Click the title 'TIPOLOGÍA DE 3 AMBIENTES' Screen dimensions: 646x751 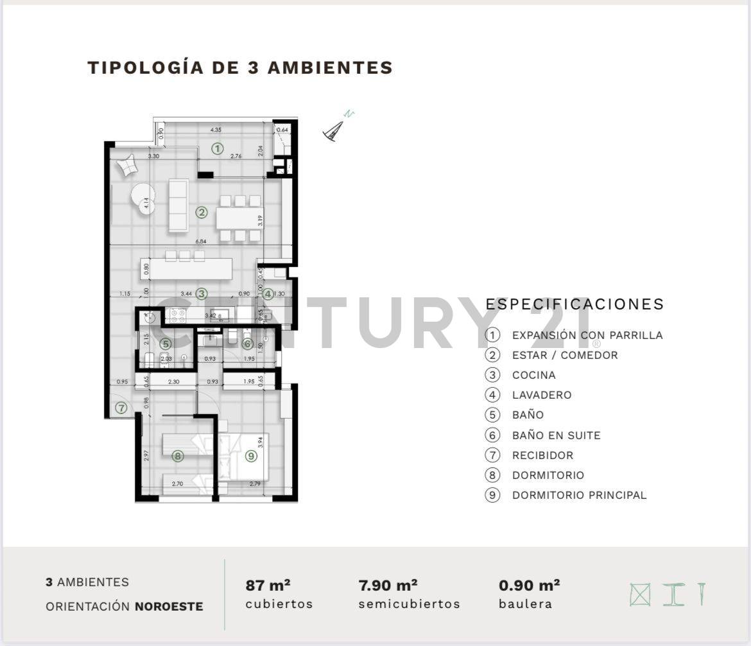(240, 67)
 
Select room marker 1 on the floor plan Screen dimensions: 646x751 (218, 149)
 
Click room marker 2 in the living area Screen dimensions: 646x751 (202, 212)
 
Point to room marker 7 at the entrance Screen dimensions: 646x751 (121, 408)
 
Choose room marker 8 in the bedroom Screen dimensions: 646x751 (178, 457)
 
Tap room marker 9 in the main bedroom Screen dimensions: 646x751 (250, 457)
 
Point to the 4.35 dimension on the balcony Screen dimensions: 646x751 (217, 130)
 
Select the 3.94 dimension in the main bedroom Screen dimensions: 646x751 (260, 442)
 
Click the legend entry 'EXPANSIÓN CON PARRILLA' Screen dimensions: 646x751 (587, 335)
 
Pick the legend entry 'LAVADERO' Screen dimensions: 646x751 (541, 395)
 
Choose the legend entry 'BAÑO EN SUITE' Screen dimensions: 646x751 (556, 435)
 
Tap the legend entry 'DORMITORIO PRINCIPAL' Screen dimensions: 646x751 (579, 495)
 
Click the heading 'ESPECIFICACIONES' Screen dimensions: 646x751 (574, 304)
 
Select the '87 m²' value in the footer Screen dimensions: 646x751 (268, 585)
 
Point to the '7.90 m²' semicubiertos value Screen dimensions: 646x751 (388, 585)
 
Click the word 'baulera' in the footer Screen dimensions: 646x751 (525, 604)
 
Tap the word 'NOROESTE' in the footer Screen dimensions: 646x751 (169, 606)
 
